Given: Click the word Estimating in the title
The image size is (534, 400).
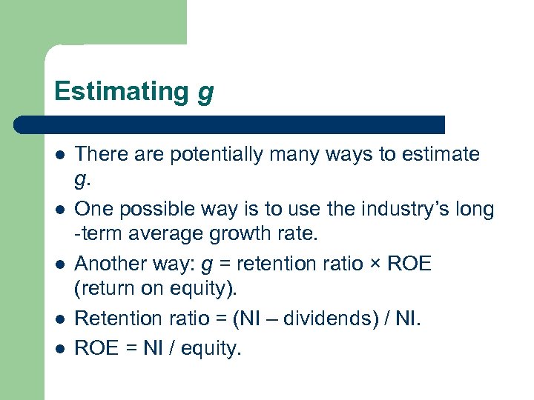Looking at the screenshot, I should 122,91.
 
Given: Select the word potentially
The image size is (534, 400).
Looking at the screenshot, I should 222,155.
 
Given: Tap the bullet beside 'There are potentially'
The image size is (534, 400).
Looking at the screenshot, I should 59,155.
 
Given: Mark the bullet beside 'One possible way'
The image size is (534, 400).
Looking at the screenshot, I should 59,210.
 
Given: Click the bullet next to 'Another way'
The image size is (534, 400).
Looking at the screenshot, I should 59,264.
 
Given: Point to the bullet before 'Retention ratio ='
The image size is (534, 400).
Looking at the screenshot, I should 59,319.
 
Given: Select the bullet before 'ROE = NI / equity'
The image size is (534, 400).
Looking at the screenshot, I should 59,347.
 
